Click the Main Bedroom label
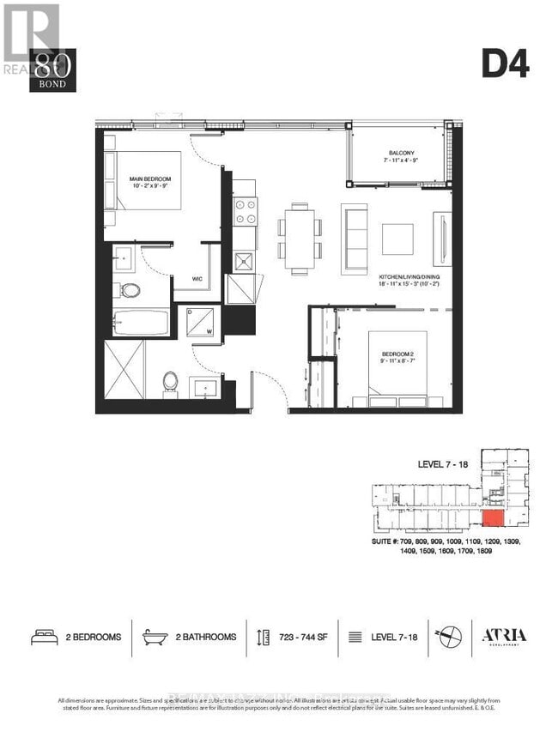(x=149, y=182)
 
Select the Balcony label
(x=401, y=155)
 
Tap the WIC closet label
(x=196, y=278)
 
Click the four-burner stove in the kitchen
(x=245, y=210)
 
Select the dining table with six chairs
(x=300, y=239)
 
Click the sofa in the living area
(x=354, y=239)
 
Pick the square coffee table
(x=397, y=239)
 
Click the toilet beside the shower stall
(x=170, y=380)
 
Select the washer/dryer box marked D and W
(x=197, y=322)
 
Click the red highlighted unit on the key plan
(x=493, y=518)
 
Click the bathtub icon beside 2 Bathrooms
(x=155, y=637)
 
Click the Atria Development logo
(x=504, y=637)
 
